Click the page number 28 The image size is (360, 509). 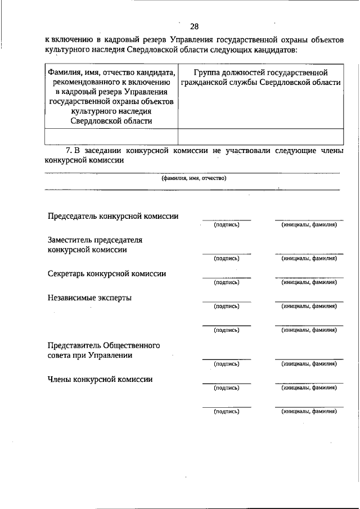(194, 26)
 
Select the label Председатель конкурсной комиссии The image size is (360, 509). (113, 216)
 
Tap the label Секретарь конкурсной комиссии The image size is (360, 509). (107, 274)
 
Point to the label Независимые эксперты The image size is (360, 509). (90, 298)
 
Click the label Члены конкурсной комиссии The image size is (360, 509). (100, 379)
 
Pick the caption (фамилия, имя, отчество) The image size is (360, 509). (193, 178)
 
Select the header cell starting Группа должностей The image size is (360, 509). (260, 78)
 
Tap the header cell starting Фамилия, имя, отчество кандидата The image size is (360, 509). (111, 97)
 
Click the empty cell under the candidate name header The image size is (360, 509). (111, 137)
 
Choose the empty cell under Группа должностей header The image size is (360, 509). (260, 137)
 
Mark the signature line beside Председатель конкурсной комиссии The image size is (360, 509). (227, 219)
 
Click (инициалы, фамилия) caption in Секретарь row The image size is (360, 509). (309, 282)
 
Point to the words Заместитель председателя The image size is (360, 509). (95, 240)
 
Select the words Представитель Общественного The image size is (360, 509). (104, 345)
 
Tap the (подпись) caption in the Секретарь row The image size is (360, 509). (227, 282)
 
